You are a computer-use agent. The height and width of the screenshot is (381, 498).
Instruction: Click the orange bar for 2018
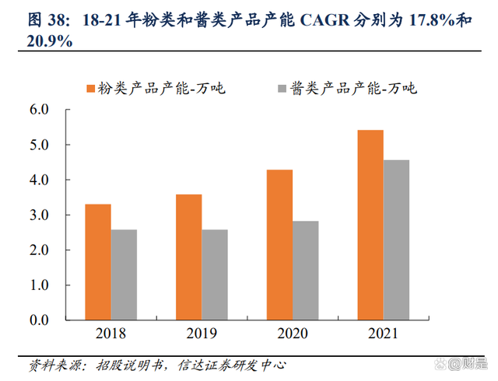98,262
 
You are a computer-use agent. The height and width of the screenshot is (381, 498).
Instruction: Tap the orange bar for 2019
189,257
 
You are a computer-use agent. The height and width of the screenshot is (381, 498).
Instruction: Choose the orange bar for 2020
279,245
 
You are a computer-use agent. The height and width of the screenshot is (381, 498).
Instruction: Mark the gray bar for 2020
306,271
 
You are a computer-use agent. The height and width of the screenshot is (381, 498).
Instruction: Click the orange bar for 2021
370,225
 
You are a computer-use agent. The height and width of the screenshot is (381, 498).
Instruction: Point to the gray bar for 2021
396,240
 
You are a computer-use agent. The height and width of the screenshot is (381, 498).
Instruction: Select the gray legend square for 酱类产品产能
282,88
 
